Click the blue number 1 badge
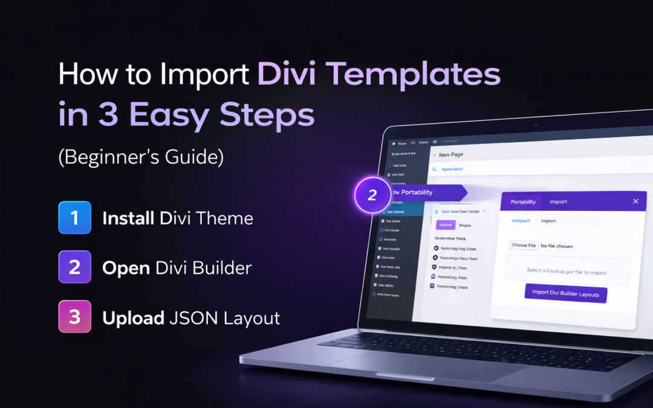coord(74,218)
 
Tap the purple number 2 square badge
coord(74,267)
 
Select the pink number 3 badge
coord(74,317)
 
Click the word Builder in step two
coord(223,268)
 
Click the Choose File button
coord(524,245)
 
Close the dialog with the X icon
coord(635,201)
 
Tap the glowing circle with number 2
coord(372,195)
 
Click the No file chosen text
coord(556,246)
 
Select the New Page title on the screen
coord(451,155)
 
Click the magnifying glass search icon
coord(434,169)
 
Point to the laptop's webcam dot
coord(536,125)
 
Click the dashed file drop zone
coord(567,271)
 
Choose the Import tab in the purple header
coord(558,202)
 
